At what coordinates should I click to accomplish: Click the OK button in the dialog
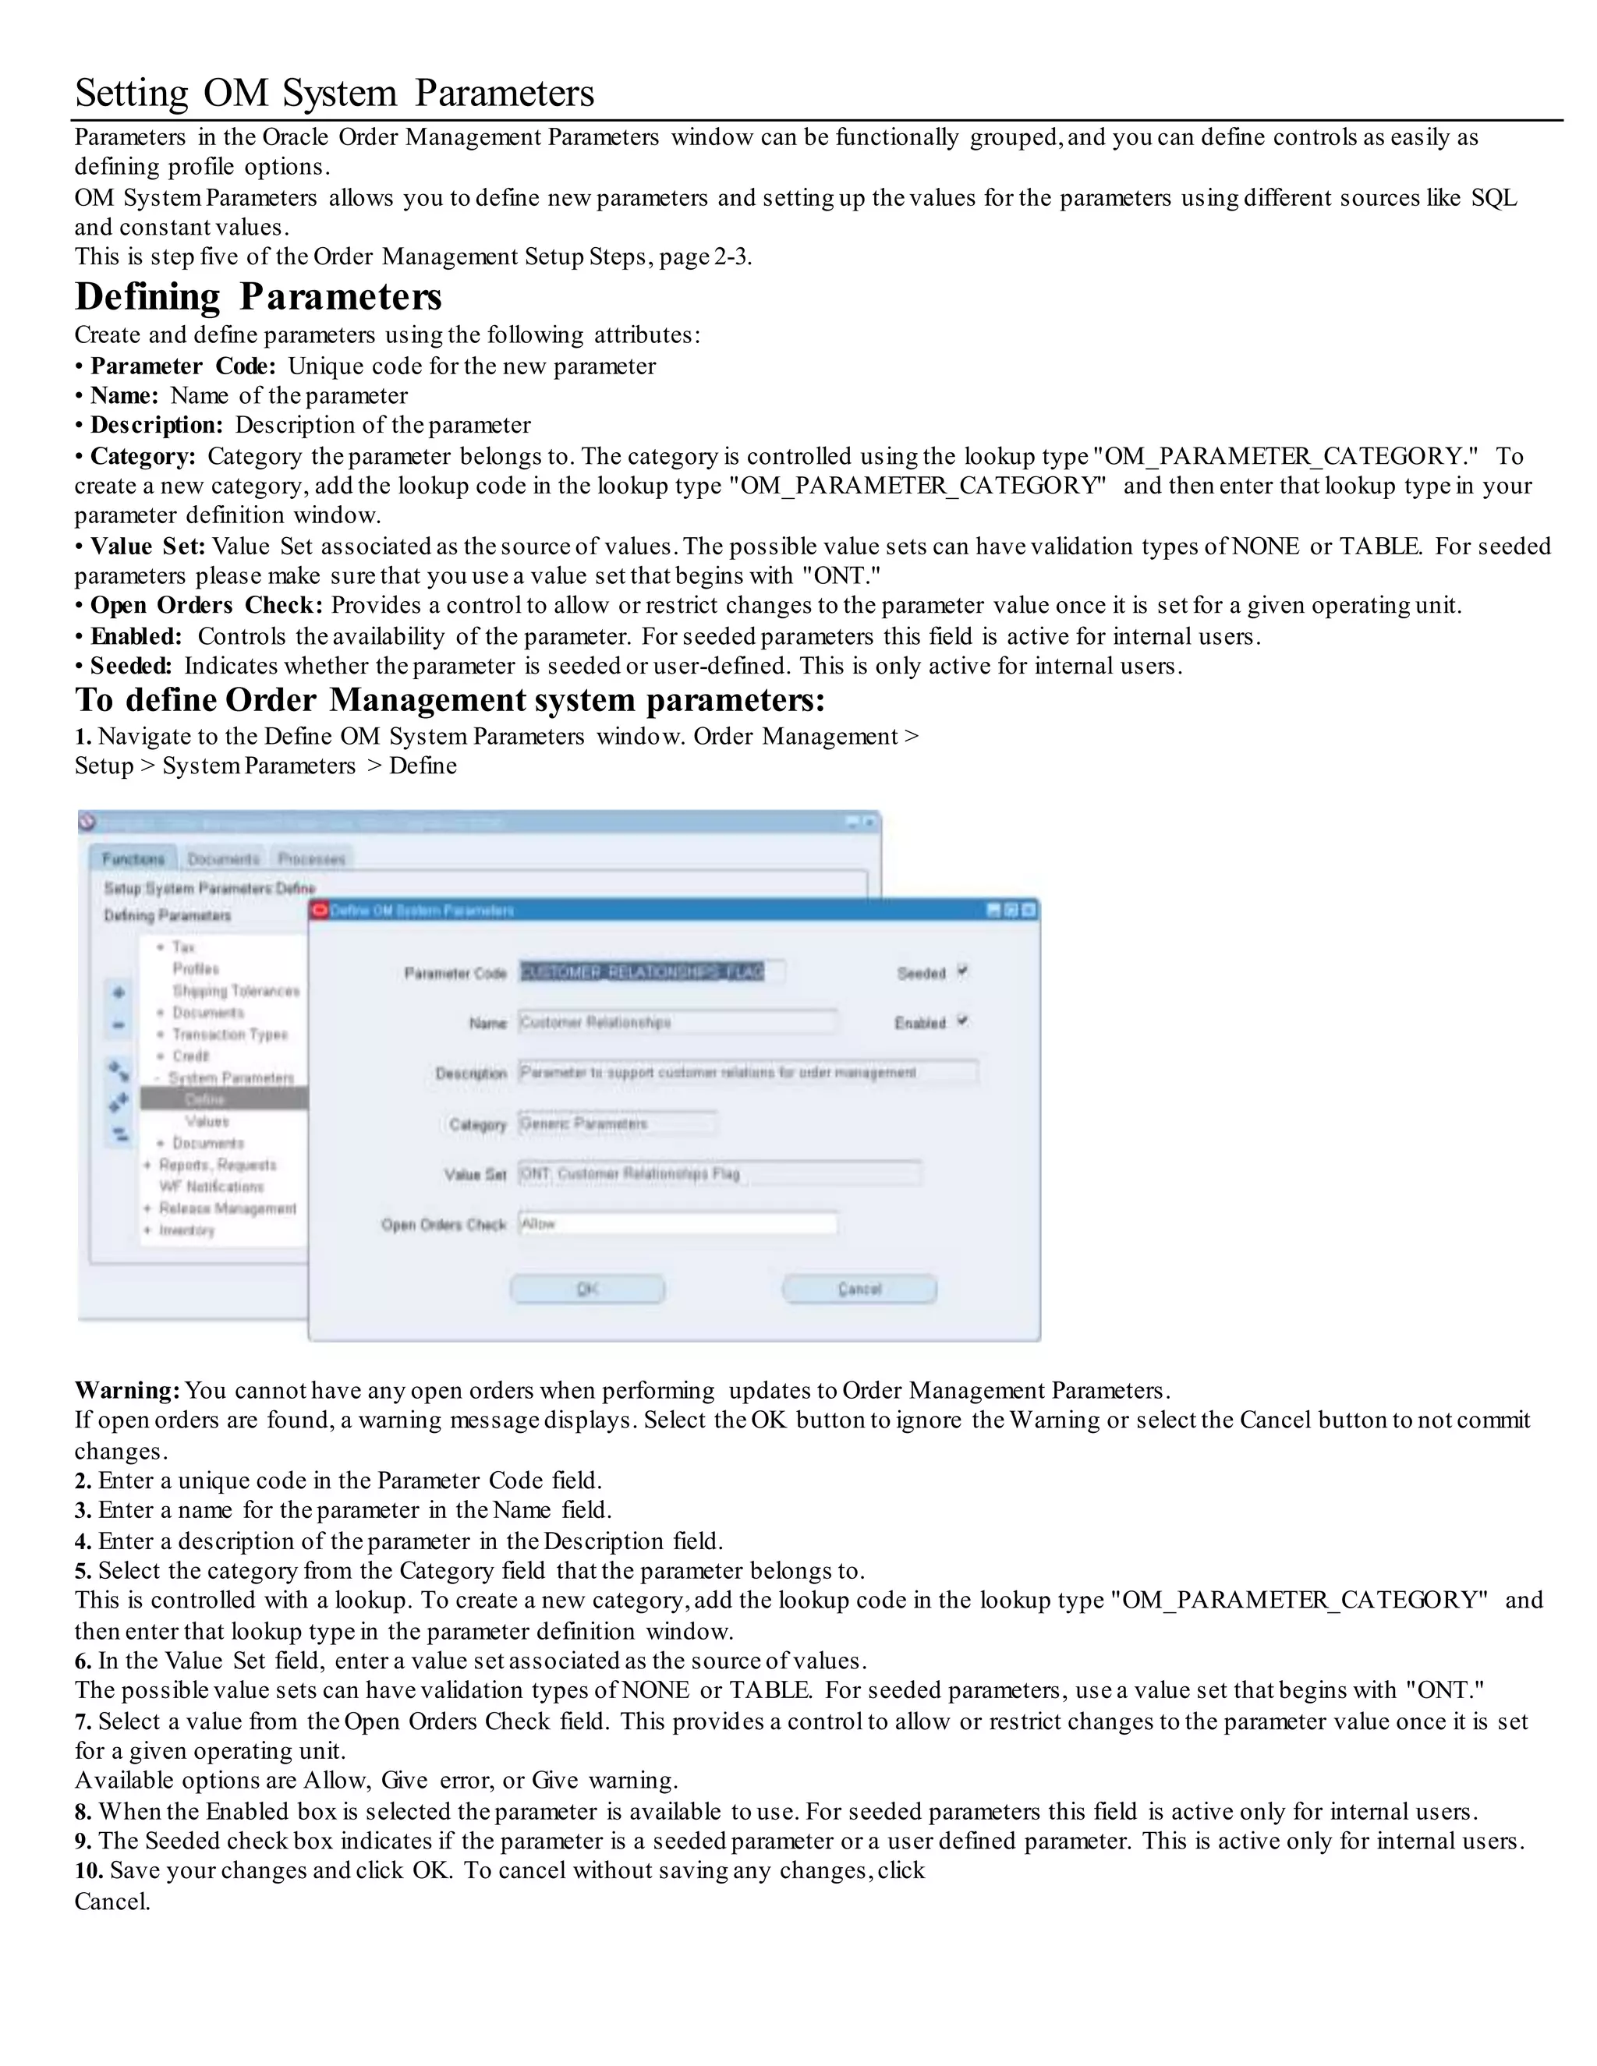(587, 1289)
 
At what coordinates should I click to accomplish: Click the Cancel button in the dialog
(859, 1289)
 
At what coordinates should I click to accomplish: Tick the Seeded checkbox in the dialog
(962, 971)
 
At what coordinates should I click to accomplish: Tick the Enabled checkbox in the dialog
(962, 1021)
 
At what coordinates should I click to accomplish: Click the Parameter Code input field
(651, 972)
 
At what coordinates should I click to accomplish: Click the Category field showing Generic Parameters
(617, 1123)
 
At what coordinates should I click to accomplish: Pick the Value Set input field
(719, 1174)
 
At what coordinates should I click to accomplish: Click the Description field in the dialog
(747, 1073)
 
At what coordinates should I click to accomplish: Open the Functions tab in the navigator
(133, 859)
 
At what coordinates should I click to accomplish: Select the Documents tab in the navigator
(223, 859)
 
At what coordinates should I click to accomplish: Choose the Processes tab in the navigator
(311, 859)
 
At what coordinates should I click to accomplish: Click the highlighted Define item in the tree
(205, 1099)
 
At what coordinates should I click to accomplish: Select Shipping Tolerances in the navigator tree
(235, 990)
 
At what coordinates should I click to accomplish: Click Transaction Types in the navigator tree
(230, 1034)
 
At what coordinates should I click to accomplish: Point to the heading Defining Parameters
(258, 297)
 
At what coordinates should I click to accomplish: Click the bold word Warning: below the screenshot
(128, 1391)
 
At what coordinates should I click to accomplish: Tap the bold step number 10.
(89, 1871)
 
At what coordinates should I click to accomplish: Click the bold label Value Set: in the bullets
(147, 547)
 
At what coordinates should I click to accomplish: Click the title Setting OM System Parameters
(335, 94)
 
